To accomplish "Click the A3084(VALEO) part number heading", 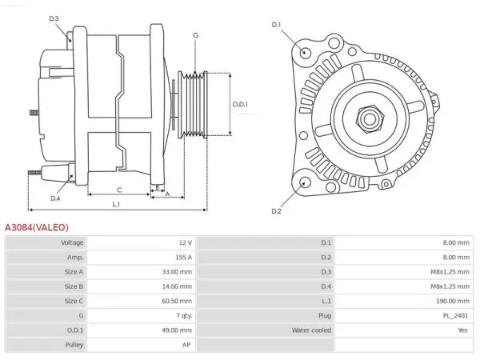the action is pos(37,227).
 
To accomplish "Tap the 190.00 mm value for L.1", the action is pos(453,301).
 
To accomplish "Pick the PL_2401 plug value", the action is pos(455,316).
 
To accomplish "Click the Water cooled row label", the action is pos(311,330).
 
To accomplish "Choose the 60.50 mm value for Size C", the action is pos(177,301).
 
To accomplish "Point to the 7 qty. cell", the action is pos(184,316).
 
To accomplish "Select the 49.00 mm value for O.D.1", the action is pos(177,330).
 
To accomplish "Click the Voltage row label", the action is pos(72,242).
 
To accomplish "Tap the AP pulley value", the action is pos(186,345).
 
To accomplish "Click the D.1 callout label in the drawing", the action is pos(277,25).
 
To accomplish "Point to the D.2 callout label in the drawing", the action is pos(276,211).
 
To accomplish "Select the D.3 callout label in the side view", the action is pos(54,18).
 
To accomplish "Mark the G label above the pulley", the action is pos(196,35).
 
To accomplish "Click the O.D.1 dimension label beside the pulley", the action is pos(240,104).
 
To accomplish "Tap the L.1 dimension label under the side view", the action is pos(116,204).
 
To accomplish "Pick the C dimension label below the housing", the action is pos(119,190).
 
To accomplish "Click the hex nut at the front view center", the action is pos(370,119).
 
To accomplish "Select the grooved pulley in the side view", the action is pos(193,104).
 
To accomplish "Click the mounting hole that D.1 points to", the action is pos(304,52).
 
